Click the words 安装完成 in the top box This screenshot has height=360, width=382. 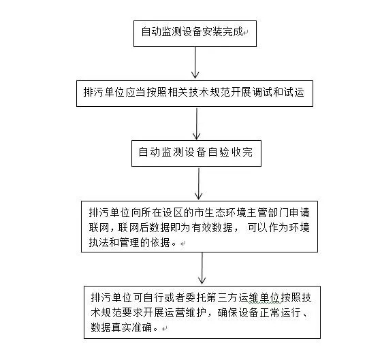[223, 32]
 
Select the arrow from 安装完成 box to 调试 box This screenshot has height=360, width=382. [195, 63]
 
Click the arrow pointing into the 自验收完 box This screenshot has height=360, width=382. [197, 124]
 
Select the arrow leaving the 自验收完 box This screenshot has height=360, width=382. [199, 184]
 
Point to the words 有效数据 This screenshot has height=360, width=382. [212, 228]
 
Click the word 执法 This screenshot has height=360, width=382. [99, 243]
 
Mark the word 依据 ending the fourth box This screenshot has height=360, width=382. [160, 243]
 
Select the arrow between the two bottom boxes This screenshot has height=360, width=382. [202, 268]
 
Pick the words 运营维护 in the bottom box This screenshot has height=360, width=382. [185, 313]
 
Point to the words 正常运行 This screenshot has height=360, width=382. [281, 313]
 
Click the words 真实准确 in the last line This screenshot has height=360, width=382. [132, 327]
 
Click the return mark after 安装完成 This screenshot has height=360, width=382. [246, 33]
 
